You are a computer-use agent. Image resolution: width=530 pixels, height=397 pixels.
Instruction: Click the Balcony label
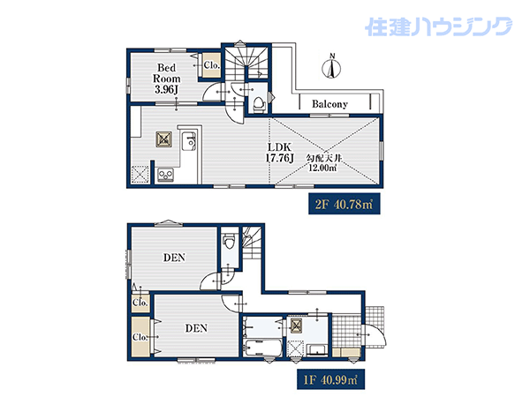[x=329, y=104]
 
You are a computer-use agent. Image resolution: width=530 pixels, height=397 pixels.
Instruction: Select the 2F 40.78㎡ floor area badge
[x=344, y=204]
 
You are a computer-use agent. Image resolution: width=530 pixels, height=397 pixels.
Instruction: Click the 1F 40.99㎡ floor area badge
[x=330, y=379]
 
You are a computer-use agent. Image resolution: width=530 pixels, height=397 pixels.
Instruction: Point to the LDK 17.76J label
[x=279, y=153]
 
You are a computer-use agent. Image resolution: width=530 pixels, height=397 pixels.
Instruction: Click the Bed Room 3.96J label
[x=167, y=79]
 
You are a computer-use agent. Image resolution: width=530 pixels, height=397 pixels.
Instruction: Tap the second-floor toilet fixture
[x=259, y=103]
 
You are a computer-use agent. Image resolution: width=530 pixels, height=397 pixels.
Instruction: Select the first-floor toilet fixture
[x=229, y=241]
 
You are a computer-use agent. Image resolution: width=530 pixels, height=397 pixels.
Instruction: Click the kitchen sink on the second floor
[x=188, y=142]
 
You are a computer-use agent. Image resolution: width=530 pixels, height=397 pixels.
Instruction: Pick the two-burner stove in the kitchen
[x=166, y=175]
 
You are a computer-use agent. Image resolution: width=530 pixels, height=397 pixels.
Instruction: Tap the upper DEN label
[x=174, y=258]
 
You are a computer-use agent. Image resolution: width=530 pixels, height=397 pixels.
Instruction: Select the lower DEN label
[x=196, y=328]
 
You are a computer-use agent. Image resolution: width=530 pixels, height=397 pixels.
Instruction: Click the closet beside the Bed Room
[x=212, y=65]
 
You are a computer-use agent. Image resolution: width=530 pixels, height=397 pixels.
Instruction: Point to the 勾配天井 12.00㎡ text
[x=322, y=163]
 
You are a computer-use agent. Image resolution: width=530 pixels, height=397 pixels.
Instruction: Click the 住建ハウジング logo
[x=438, y=26]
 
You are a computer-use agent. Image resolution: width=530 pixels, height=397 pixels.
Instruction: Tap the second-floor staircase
[x=246, y=63]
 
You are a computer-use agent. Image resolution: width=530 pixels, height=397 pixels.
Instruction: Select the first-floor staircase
[x=252, y=243]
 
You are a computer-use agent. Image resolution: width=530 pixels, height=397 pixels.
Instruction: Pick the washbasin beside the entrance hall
[x=317, y=349]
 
